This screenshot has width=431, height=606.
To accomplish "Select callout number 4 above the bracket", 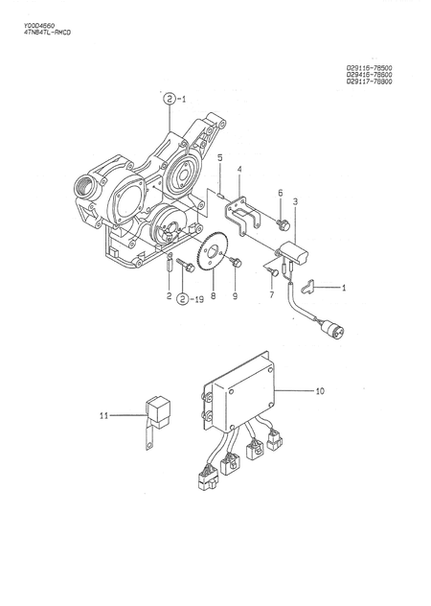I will (x=238, y=170).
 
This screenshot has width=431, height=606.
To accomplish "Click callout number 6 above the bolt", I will (x=281, y=193).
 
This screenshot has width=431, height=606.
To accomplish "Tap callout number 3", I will (x=295, y=201).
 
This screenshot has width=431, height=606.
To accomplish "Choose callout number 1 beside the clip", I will (x=345, y=287).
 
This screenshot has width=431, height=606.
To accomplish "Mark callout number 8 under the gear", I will (x=214, y=297).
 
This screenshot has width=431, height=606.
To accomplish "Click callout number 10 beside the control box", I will (x=320, y=390).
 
